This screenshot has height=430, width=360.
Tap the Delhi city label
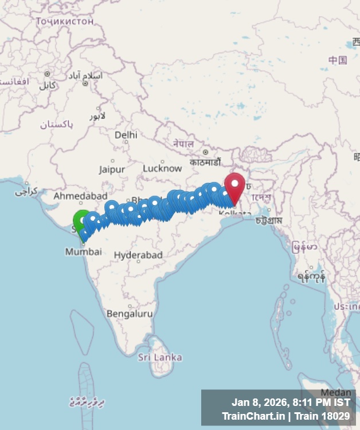pyautogui.click(x=126, y=135)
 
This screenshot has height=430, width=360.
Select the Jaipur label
pyautogui.click(x=112, y=169)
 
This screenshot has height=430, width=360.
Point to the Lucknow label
pyautogui.click(x=162, y=168)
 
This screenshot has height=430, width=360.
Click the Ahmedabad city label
pyautogui.click(x=80, y=196)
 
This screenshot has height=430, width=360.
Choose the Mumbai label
pyautogui.click(x=83, y=252)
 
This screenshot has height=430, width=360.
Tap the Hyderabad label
pyautogui.click(x=138, y=255)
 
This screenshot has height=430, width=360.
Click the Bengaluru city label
pyautogui.click(x=130, y=314)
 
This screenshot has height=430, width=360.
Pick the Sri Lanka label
pyautogui.click(x=160, y=357)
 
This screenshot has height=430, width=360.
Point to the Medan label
pyautogui.click(x=335, y=392)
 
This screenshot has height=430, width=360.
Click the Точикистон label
pyautogui.click(x=64, y=21)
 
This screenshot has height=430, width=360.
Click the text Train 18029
pyautogui.click(x=326, y=416)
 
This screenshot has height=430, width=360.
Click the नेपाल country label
pyautogui.click(x=183, y=143)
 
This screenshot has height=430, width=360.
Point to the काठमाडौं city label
pyautogui.click(x=205, y=162)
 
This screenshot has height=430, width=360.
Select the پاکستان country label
pyautogui.click(x=56, y=124)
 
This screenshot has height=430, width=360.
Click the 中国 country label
pyautogui.click(x=338, y=60)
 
